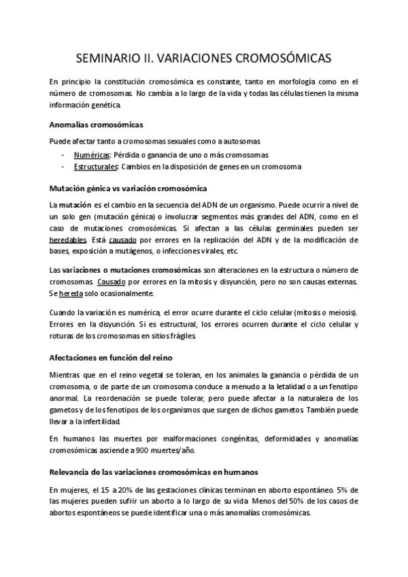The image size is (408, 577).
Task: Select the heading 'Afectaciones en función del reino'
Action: coord(114,358)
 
